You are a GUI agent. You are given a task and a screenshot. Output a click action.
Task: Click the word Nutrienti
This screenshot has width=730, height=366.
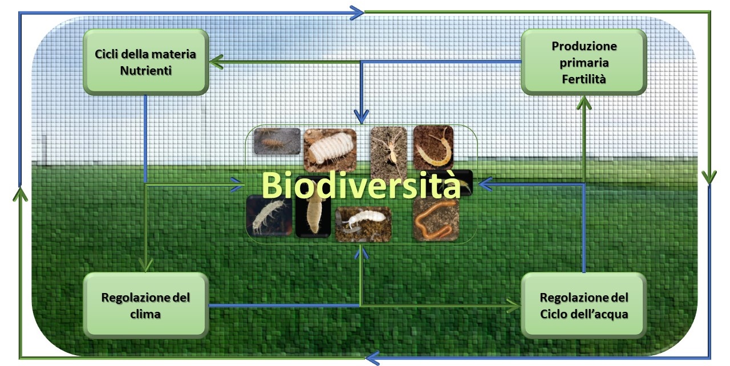click(145, 71)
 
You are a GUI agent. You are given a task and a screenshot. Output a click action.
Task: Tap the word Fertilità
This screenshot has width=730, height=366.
click(583, 79)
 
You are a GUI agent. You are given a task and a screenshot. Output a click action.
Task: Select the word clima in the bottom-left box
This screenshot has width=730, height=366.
click(145, 314)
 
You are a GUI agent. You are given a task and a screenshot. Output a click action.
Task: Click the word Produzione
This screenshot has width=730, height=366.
click(584, 46)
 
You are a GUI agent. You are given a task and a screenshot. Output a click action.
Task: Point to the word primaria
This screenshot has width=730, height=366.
click(584, 63)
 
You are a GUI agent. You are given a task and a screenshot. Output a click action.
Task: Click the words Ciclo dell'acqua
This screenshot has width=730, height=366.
click(584, 314)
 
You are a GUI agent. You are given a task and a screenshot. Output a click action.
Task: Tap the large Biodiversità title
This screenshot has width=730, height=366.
click(361, 184)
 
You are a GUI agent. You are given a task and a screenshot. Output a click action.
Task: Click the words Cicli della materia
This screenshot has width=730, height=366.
click(145, 54)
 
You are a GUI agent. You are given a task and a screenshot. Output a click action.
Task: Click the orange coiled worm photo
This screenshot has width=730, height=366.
click(436, 219)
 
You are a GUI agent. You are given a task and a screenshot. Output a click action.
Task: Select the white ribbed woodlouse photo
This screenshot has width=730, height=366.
click(330, 150)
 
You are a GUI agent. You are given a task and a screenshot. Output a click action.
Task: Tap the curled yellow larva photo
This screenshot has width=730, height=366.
click(433, 148)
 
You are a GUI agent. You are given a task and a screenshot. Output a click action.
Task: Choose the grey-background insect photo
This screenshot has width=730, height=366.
click(277, 141)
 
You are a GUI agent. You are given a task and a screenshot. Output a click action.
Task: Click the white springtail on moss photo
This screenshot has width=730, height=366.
click(363, 224)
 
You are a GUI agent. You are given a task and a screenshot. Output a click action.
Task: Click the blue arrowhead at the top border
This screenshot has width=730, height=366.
click(357, 13)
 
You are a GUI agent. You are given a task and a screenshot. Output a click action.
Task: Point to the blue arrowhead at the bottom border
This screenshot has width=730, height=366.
click(372, 358)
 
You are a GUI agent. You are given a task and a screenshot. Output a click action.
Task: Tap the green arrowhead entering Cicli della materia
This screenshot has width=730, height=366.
click(216, 62)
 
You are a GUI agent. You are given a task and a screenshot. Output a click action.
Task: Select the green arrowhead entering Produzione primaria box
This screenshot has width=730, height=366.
click(584, 103)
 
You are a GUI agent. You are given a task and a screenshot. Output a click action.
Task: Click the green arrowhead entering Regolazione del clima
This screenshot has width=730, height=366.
click(145, 265)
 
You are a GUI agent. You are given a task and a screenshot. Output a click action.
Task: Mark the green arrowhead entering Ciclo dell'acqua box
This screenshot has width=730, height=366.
click(514, 306)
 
